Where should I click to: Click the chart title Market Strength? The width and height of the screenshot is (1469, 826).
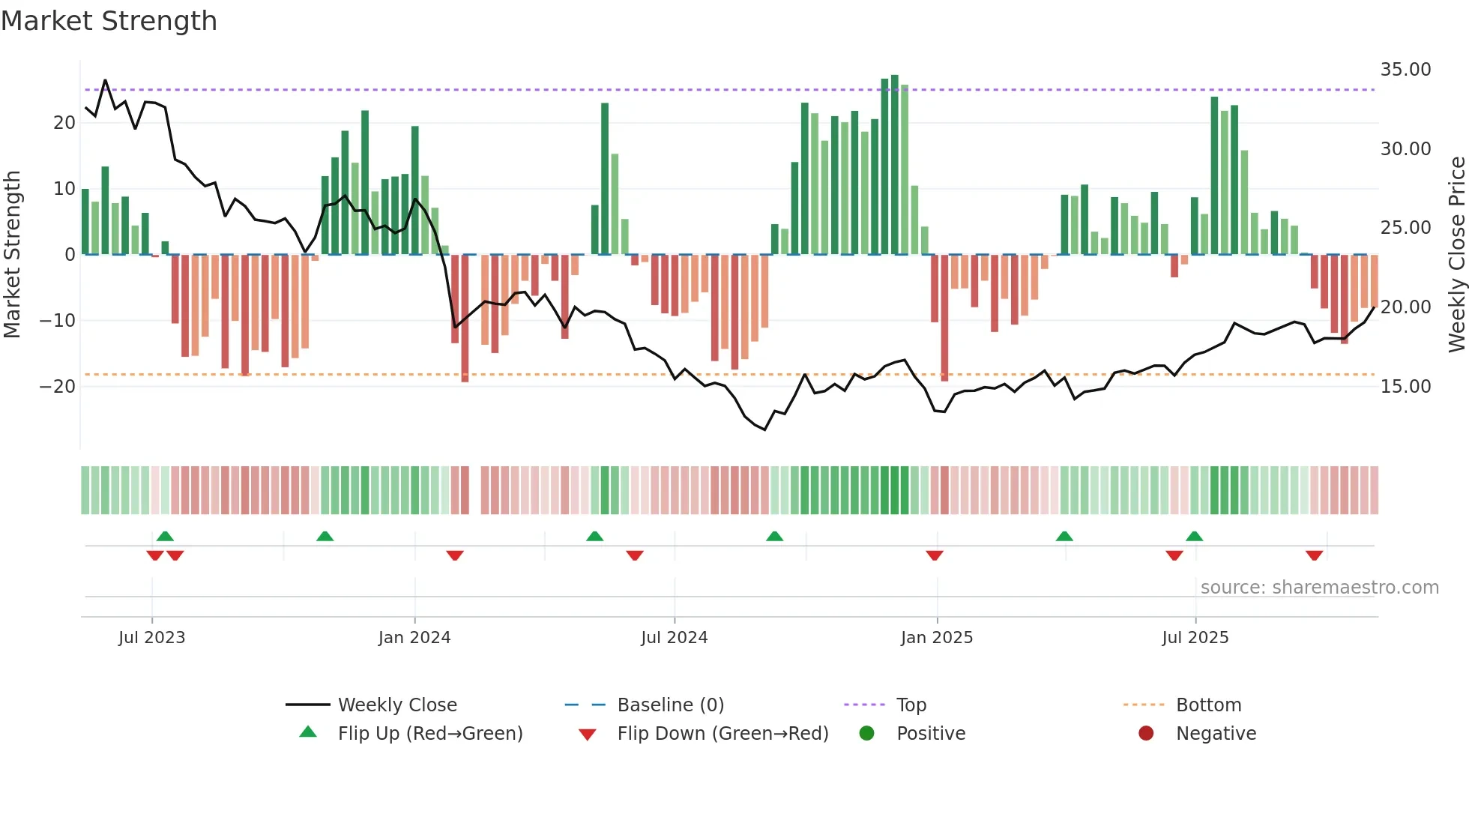109,21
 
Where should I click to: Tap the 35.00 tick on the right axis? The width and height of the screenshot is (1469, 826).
1405,70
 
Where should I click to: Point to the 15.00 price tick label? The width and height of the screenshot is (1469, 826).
1405,387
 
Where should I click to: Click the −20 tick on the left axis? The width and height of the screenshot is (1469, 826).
58,387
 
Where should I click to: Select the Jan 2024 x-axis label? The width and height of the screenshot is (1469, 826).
414,638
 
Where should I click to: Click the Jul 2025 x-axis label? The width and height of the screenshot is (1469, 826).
1195,638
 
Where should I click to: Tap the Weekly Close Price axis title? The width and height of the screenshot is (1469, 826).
1456,255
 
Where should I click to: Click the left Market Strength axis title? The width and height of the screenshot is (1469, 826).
12,255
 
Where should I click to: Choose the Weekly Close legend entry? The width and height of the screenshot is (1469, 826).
396,705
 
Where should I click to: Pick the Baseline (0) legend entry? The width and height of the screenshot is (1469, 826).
670,705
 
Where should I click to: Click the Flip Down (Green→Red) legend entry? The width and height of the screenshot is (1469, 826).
723,734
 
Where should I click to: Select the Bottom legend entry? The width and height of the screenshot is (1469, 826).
1208,705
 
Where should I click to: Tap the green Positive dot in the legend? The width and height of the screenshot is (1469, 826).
867,734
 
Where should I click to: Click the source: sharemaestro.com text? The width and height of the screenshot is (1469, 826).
1319,588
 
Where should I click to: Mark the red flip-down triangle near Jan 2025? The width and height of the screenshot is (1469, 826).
935,555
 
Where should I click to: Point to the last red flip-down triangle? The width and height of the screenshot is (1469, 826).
1314,555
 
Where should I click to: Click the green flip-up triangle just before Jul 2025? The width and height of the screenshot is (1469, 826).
1194,536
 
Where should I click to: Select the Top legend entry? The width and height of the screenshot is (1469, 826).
911,705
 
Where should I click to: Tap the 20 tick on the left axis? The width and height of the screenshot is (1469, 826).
64,123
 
